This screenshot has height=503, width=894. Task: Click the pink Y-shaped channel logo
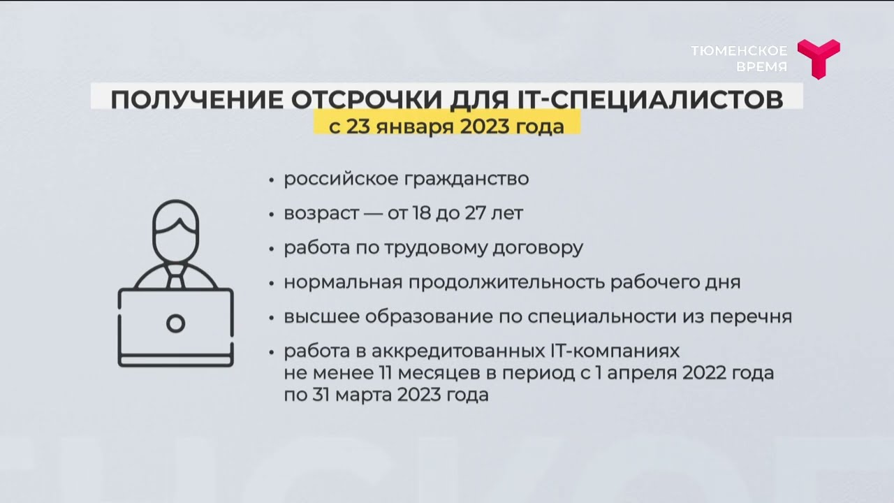(819, 58)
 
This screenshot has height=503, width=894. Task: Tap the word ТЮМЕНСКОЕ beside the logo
(739, 51)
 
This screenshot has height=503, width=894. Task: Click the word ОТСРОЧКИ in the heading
(367, 99)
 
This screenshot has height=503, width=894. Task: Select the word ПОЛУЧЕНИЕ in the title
(197, 99)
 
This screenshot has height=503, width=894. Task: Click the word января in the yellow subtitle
(415, 127)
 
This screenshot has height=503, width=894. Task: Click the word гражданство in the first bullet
(467, 179)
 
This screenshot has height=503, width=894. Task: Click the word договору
(538, 248)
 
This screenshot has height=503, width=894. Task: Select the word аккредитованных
(458, 351)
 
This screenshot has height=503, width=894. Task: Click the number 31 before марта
(321, 395)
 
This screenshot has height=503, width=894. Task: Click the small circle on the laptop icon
(175, 323)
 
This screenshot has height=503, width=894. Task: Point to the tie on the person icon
(175, 276)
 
